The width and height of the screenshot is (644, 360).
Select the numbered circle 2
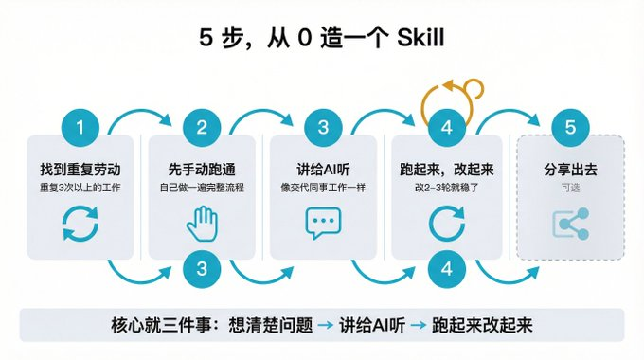(x=202, y=128)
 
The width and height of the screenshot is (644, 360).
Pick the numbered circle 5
(x=569, y=128)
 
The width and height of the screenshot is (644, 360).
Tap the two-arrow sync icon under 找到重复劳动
(x=80, y=224)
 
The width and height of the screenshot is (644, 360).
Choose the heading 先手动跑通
(x=202, y=171)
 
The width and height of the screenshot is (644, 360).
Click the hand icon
(x=202, y=224)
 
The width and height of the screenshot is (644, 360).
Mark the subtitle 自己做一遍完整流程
(x=202, y=188)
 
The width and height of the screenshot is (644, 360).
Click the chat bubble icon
(x=323, y=224)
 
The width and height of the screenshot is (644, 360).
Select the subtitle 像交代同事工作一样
(x=323, y=188)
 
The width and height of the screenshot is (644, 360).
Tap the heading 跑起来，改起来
(x=446, y=171)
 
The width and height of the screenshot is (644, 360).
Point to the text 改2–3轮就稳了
(x=446, y=188)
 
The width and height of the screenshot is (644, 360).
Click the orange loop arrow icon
(x=446, y=94)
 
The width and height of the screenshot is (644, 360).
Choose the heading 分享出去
(x=569, y=171)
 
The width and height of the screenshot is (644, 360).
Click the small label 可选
(x=569, y=188)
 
